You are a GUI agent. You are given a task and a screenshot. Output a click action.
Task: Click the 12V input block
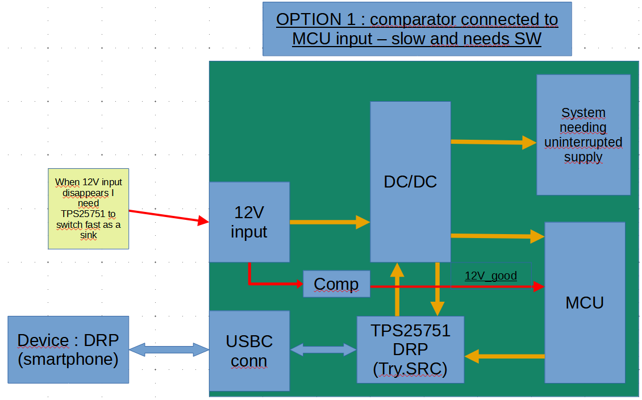[249, 222]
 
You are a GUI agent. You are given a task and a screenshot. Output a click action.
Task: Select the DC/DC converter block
[410, 182]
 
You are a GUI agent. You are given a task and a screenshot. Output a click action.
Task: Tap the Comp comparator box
[336, 284]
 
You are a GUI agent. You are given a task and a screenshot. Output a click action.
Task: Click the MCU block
[585, 303]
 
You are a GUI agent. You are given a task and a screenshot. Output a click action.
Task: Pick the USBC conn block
[249, 351]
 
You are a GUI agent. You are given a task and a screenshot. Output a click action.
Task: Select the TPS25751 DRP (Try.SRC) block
[410, 349]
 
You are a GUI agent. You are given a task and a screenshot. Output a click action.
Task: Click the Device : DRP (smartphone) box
[68, 349]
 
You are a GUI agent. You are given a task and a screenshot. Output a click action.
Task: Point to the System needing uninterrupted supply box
[583, 135]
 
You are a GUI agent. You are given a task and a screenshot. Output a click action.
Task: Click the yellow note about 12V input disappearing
[89, 209]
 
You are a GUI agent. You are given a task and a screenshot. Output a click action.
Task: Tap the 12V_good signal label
[490, 276]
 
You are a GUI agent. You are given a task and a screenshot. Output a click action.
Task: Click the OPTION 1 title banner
[417, 29]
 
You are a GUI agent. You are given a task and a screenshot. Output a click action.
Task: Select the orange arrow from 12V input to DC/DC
[330, 222]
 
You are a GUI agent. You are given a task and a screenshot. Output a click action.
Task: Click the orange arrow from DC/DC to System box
[493, 142]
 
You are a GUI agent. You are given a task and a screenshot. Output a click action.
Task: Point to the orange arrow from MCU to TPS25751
[505, 356]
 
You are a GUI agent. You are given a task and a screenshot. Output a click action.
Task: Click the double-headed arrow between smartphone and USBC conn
[169, 349]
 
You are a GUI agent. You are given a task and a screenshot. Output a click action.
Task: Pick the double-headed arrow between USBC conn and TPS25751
[323, 349]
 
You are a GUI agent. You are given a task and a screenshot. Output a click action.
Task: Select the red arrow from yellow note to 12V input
[169, 216]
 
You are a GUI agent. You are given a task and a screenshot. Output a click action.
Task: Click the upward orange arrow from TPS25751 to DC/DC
[397, 289]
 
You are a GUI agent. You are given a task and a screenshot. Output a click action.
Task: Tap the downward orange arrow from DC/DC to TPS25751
[437, 289]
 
